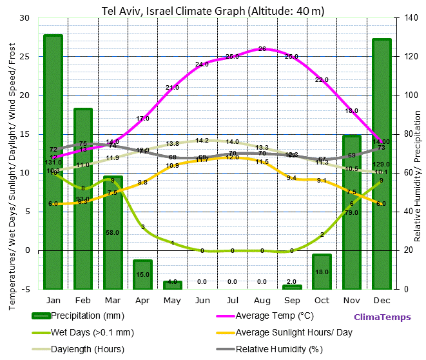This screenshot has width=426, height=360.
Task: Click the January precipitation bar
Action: pyautogui.click(x=53, y=161)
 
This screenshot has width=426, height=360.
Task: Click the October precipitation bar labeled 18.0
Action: pyautogui.click(x=322, y=271)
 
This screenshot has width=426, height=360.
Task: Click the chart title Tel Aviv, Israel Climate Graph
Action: pyautogui.click(x=213, y=11)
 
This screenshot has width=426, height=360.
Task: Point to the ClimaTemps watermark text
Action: pyautogui.click(x=381, y=317)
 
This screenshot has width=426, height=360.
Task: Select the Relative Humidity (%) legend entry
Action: pyautogui.click(x=278, y=350)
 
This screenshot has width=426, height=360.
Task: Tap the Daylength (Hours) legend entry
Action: pyautogui.click(x=88, y=350)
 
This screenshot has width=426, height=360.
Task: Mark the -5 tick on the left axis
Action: pyautogui.click(x=26, y=289)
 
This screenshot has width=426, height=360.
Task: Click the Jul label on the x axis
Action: pyautogui.click(x=232, y=300)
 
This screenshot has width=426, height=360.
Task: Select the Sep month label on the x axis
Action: pyautogui.click(x=291, y=300)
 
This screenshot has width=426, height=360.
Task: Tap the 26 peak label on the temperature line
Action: pyautogui.click(x=262, y=49)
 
